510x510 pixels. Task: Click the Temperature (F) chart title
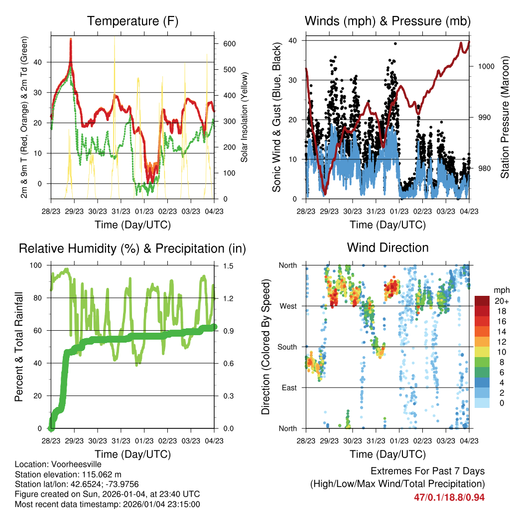pyautogui.click(x=132, y=21)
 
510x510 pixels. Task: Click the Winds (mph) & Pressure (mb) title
pyautogui.click(x=387, y=21)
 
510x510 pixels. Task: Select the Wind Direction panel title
pyautogui.click(x=387, y=248)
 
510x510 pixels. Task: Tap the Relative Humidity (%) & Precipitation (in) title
pyautogui.click(x=132, y=248)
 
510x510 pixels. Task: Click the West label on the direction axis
pyautogui.click(x=288, y=306)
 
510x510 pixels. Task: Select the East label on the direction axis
pyautogui.click(x=289, y=387)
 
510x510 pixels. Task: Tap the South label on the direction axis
pyautogui.click(x=287, y=347)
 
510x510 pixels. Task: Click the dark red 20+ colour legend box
pyautogui.click(x=482, y=300)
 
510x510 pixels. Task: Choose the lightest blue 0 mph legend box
pyautogui.click(x=482, y=402)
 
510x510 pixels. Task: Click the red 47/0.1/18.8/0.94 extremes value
pyautogui.click(x=449, y=498)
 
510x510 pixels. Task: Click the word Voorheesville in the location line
pyautogui.click(x=77, y=465)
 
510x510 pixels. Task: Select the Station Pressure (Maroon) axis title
pyautogui.click(x=504, y=117)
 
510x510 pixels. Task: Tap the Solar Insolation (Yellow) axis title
pyautogui.click(x=244, y=117)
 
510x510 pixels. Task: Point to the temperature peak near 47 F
pyautogui.click(x=71, y=40)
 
